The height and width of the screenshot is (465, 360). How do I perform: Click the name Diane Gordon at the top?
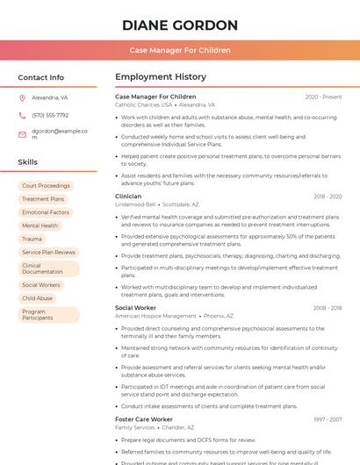pyautogui.click(x=180, y=25)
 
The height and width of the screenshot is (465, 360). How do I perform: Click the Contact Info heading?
pyautogui.click(x=40, y=77)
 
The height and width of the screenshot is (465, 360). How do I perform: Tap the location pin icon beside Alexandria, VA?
pyautogui.click(x=22, y=98)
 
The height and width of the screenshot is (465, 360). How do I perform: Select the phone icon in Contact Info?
pyautogui.click(x=22, y=115)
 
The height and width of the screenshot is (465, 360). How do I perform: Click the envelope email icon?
pyautogui.click(x=22, y=134)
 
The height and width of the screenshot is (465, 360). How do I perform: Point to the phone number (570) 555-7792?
pyautogui.click(x=50, y=115)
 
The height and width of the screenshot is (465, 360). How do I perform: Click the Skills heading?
pyautogui.click(x=27, y=162)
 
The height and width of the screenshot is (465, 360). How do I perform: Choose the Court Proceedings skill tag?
pyautogui.click(x=46, y=186)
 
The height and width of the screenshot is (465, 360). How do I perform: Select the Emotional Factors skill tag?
pyautogui.click(x=46, y=212)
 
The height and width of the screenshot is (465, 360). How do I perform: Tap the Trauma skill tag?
pyautogui.click(x=32, y=239)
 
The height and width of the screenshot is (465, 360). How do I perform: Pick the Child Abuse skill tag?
pyautogui.click(x=38, y=298)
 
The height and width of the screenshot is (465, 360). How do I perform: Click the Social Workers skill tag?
pyautogui.click(x=41, y=285)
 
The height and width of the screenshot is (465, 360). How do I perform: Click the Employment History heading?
pyautogui.click(x=161, y=77)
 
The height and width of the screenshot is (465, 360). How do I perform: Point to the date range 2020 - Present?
pyautogui.click(x=323, y=97)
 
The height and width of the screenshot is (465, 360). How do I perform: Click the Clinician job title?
pyautogui.click(x=128, y=197)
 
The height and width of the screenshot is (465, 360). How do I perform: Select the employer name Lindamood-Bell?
pyautogui.click(x=135, y=204)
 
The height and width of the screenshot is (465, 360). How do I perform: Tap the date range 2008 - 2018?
pyautogui.click(x=327, y=308)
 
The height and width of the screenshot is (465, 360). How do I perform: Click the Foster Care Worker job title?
pyautogui.click(x=144, y=419)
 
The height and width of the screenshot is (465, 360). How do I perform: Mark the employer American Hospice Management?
pyautogui.click(x=155, y=316)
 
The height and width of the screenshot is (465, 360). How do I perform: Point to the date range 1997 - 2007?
pyautogui.click(x=327, y=419)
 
